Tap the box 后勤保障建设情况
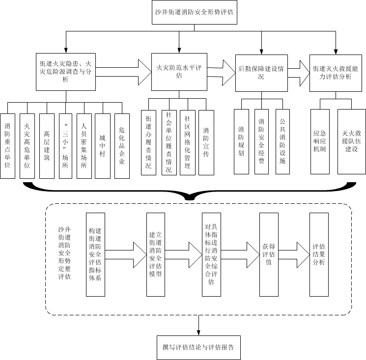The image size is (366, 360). point(261,72)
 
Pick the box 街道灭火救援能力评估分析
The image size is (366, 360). point(336,72)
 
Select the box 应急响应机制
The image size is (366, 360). point(320,141)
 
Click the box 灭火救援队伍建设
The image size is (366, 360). point(351,141)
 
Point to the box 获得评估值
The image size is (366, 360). point(269,254)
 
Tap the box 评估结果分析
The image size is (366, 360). point(319,254)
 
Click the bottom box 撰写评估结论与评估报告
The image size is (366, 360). point(198,347)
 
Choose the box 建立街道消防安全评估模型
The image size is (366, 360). point(155,254)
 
